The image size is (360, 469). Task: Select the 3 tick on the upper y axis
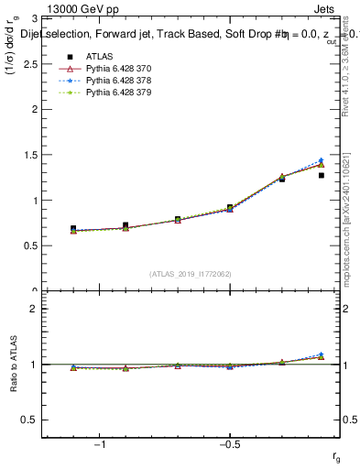35,18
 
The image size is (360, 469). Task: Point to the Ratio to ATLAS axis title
15,366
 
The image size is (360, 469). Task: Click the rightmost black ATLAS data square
322,175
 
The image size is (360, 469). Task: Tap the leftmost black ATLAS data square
73,228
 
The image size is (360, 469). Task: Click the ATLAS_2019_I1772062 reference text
191,273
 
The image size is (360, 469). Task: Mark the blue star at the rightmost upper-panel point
322,160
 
